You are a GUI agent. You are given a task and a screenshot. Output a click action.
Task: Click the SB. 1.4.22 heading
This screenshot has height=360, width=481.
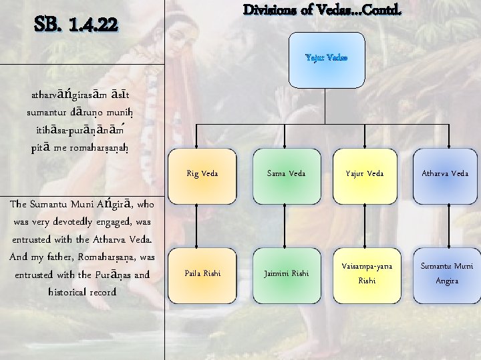76,25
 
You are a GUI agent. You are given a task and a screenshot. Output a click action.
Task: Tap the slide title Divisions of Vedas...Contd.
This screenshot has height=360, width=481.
322,10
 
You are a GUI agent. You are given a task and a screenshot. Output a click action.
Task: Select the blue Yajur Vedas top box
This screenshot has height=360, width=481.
326,58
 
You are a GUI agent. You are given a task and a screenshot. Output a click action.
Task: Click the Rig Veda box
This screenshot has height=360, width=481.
202,174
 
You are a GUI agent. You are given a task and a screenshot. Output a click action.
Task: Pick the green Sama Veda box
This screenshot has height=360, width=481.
286,174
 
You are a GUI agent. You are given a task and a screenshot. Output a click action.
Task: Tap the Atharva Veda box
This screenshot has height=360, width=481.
445,174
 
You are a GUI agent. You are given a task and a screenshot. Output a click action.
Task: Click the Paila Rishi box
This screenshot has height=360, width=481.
202,273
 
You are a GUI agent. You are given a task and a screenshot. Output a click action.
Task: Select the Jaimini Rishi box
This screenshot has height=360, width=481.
286,273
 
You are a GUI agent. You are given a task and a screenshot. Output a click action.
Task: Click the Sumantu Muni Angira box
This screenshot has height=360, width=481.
445,273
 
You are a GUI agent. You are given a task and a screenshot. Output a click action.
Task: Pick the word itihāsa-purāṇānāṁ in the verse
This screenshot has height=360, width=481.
82,129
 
